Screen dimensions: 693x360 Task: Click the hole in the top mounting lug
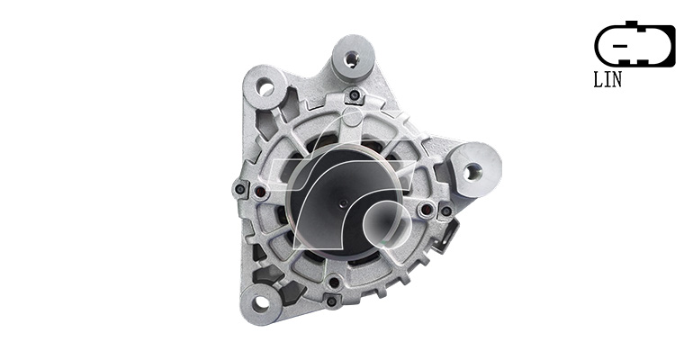click(x=351, y=58)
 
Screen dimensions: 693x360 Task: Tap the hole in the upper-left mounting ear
click(x=265, y=87)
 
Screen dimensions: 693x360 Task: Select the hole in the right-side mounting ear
click(x=472, y=171)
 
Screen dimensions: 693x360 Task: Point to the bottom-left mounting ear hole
click(x=261, y=302)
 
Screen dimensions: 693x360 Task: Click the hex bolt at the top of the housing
click(x=354, y=95)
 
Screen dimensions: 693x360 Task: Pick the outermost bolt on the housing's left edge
click(x=240, y=190)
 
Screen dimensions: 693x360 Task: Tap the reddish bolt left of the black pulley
click(x=261, y=192)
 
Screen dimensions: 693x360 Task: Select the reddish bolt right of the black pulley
click(x=426, y=210)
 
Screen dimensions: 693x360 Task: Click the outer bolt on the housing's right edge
click(x=446, y=211)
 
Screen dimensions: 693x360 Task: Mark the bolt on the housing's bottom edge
click(x=331, y=301)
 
